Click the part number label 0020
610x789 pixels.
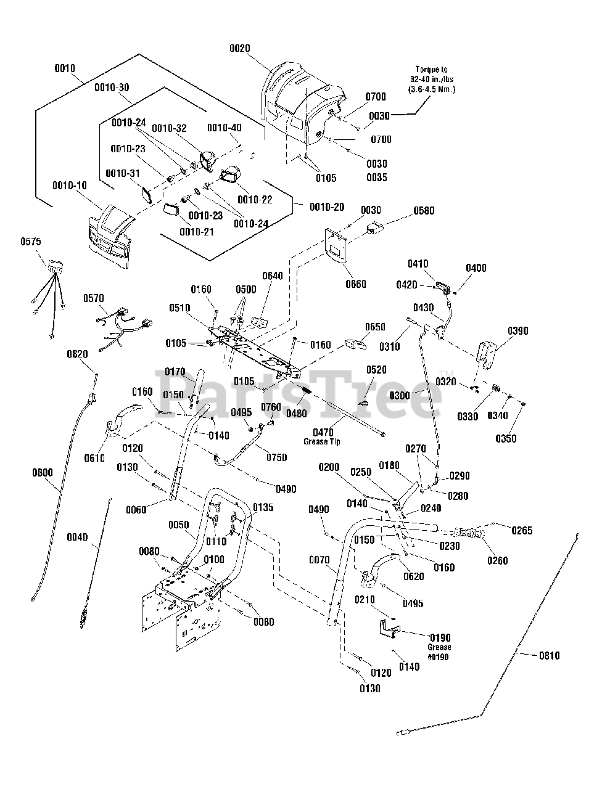(x=240, y=48)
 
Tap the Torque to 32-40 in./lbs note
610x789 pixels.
(x=431, y=79)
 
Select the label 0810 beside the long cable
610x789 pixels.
(x=550, y=655)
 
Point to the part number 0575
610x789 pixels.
(x=31, y=242)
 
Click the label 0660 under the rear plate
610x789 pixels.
(x=356, y=284)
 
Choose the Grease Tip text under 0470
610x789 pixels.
(x=321, y=441)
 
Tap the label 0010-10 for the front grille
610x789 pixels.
(x=70, y=186)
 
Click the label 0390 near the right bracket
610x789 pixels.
(x=518, y=331)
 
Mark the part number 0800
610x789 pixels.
(x=43, y=472)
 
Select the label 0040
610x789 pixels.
(x=77, y=537)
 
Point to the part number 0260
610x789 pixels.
(x=497, y=560)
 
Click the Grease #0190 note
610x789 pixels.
(x=439, y=652)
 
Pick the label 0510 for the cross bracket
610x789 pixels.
(x=180, y=308)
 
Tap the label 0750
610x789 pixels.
(x=277, y=457)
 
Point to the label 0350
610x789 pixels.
(x=506, y=438)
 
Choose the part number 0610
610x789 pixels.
(x=94, y=458)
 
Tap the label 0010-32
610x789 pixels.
(x=169, y=128)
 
